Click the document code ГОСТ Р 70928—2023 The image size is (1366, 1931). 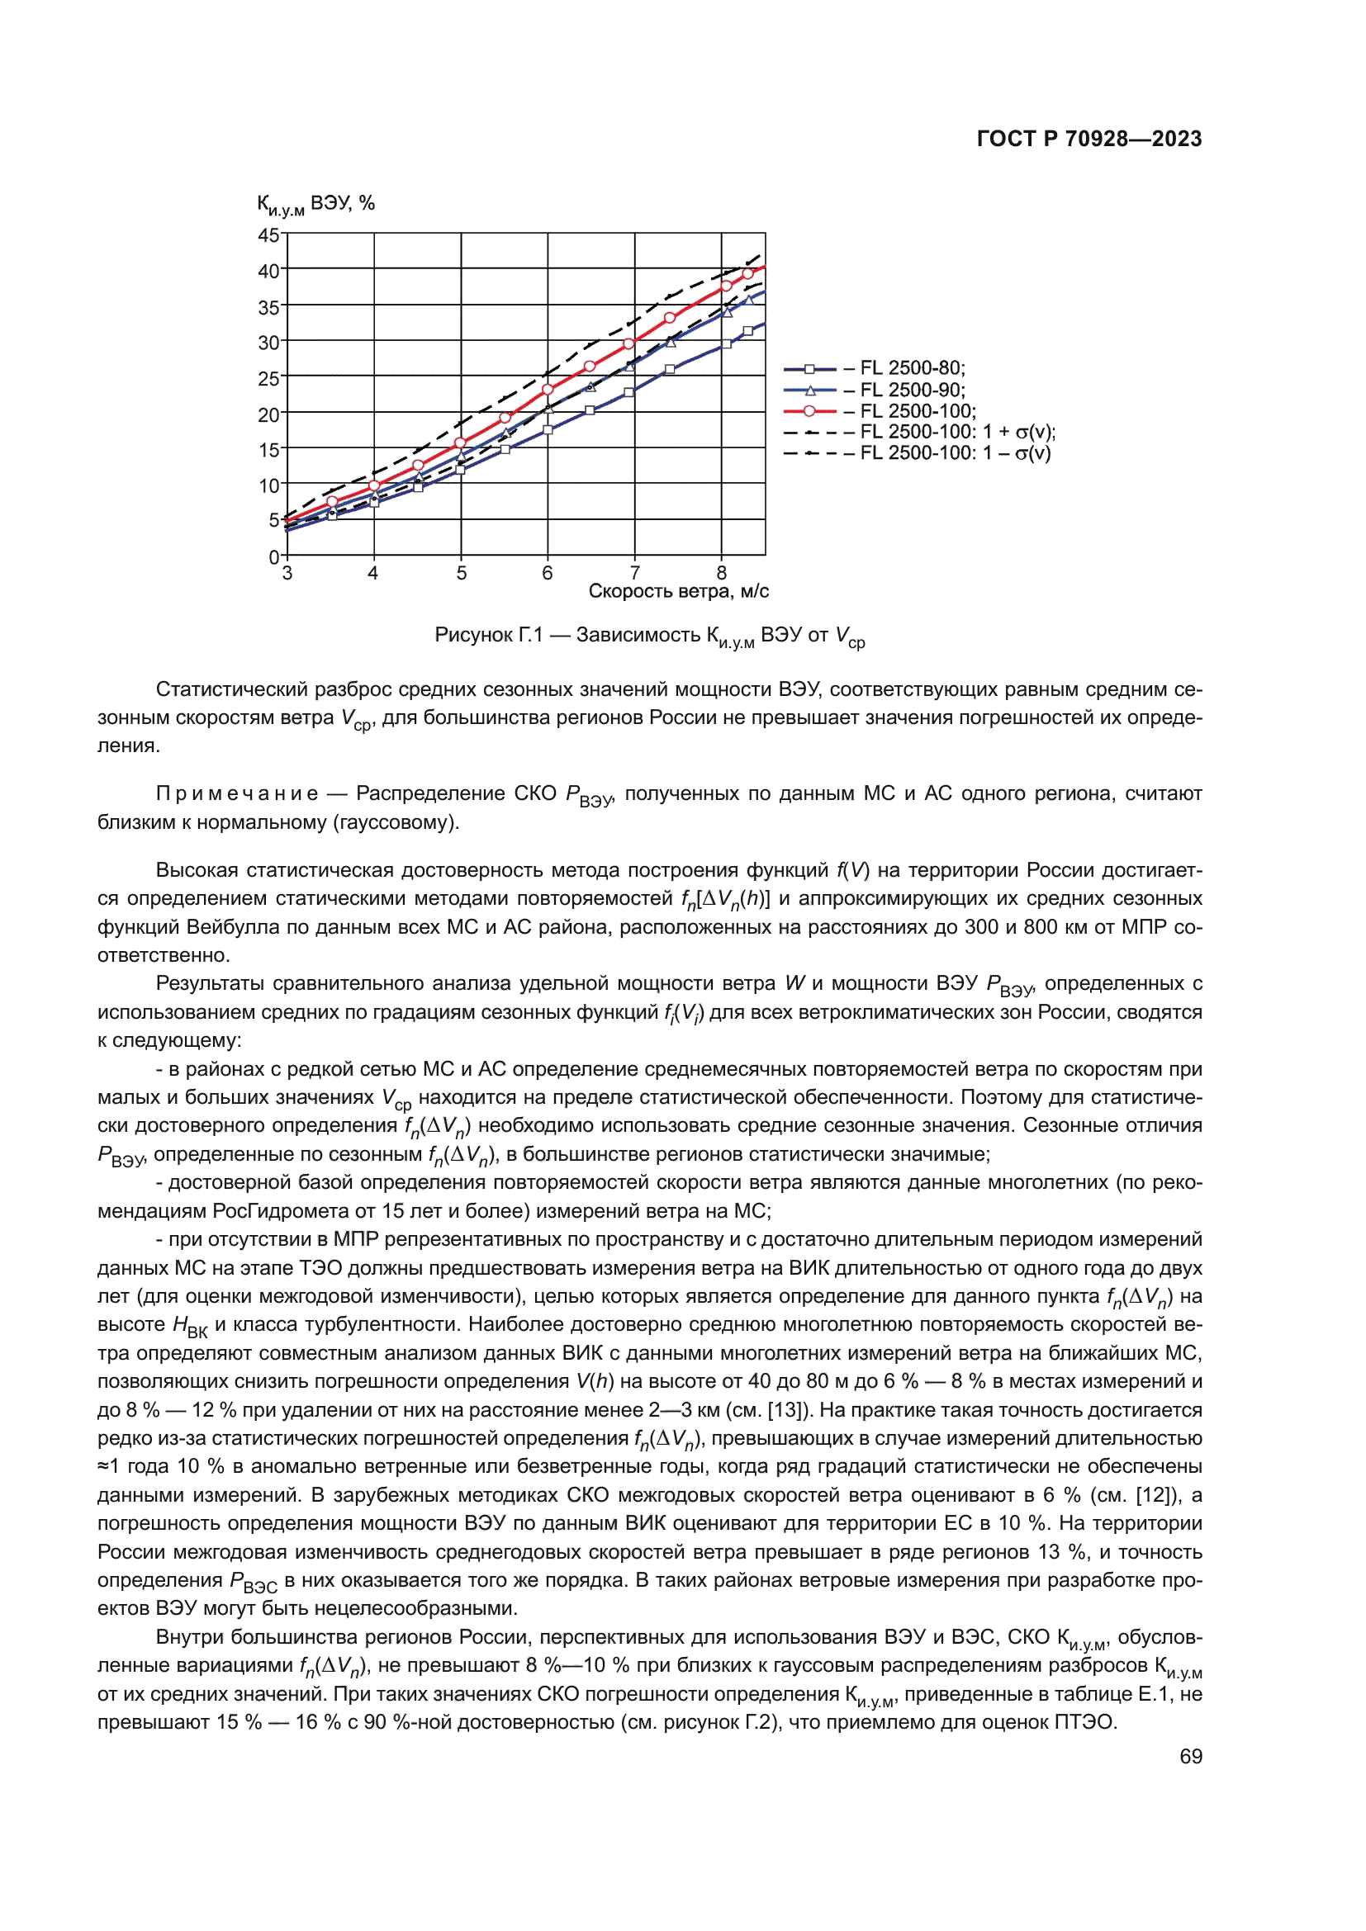[x=1089, y=139]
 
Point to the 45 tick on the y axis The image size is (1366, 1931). [x=268, y=235]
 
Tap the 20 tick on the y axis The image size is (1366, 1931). [x=268, y=414]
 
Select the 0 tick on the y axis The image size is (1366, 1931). [x=273, y=556]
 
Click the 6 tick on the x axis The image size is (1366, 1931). [x=548, y=574]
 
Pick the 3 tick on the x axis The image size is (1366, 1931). [x=287, y=574]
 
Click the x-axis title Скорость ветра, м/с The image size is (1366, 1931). [x=678, y=591]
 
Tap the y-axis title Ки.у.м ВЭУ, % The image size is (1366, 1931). [x=315, y=205]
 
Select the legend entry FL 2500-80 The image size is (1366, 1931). [x=912, y=368]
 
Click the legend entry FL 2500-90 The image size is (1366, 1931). [x=912, y=390]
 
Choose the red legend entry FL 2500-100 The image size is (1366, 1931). [x=917, y=411]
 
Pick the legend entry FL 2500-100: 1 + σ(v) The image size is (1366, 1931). [x=956, y=433]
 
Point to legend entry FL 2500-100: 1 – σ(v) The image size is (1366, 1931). [x=955, y=453]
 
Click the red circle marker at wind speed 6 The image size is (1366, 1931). [x=548, y=390]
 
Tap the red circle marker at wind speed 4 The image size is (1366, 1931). [x=374, y=486]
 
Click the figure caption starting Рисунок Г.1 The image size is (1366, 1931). [x=649, y=637]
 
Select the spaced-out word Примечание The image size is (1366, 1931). [x=238, y=793]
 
